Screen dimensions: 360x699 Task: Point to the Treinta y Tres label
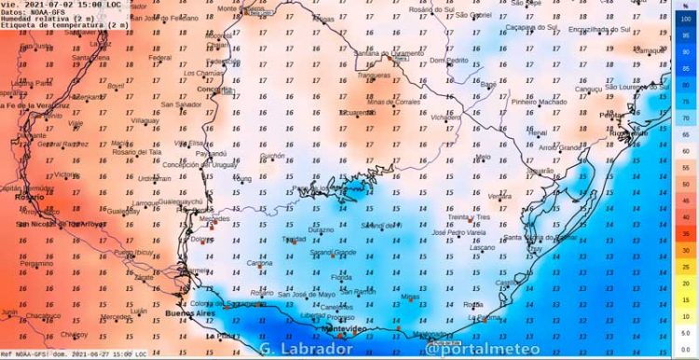pos(469,216)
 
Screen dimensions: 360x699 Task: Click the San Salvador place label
pos(181,104)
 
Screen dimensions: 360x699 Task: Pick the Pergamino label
pos(36,263)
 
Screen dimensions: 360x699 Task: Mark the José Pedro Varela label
pos(459,232)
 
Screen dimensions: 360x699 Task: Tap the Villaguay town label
pos(144,120)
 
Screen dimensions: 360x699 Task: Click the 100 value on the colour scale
pos(685,20)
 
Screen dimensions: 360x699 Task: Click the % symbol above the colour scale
pos(685,6)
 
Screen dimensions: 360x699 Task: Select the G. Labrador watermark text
pos(308,350)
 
